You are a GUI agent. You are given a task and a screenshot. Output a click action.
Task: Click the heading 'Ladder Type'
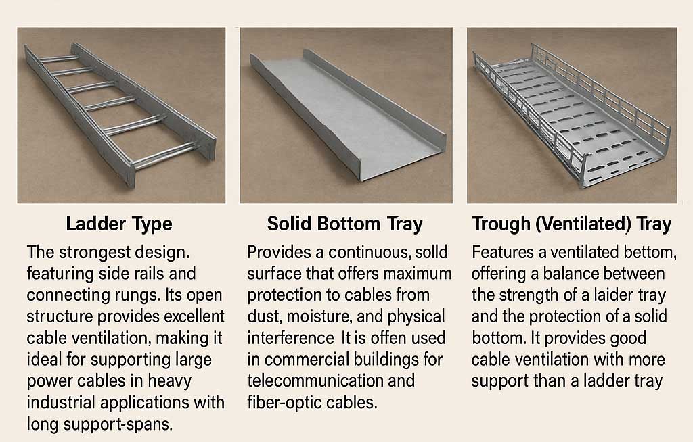click(x=118, y=224)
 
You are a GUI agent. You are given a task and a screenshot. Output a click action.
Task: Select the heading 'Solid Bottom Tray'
click(x=344, y=224)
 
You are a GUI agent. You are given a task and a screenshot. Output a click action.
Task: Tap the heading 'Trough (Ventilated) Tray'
click(x=572, y=224)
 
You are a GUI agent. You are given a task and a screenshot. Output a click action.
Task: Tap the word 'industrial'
click(x=63, y=402)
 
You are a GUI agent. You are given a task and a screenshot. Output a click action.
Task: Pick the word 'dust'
click(x=263, y=316)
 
